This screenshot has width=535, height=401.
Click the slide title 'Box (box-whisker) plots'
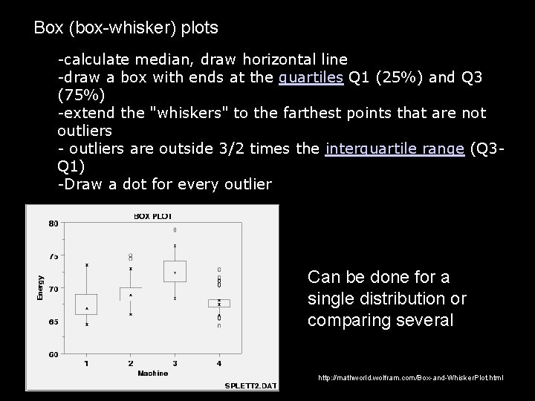pos(126,28)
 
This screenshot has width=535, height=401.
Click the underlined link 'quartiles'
pos(311,77)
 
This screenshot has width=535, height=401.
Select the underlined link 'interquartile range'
pos(395,149)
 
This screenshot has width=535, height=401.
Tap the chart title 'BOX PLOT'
pos(152,216)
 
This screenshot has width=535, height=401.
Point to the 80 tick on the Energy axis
pos(53,224)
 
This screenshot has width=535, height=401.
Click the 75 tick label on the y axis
pos(53,256)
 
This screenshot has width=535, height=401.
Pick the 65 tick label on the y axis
pos(53,322)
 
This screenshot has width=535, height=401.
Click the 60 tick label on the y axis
pos(53,354)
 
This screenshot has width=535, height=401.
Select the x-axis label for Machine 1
pos(87,363)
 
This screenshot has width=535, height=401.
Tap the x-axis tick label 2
pos(131,363)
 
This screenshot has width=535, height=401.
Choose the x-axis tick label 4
pos(218,363)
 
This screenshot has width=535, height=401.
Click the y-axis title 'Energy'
pos(41,288)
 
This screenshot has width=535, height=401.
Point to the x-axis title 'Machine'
pos(152,373)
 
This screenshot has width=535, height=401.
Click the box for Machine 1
pos(87,304)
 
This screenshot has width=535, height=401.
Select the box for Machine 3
pos(175,271)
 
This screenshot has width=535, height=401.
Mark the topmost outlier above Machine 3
pos(175,230)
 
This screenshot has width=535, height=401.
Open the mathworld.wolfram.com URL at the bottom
pos(410,378)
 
